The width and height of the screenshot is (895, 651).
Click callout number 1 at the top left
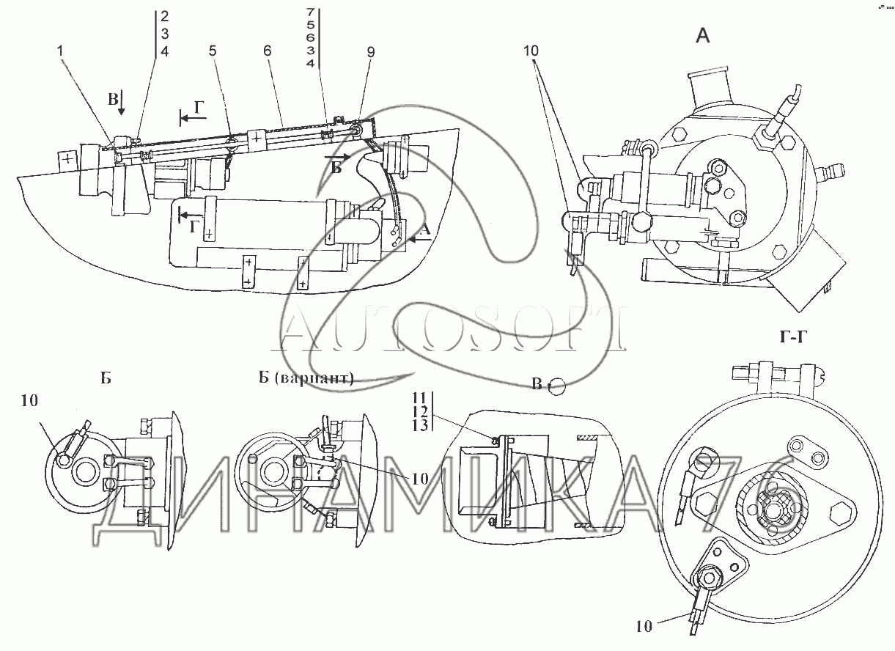click(60, 51)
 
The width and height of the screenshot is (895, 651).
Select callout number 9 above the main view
click(371, 52)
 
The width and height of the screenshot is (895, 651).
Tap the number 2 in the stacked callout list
click(165, 16)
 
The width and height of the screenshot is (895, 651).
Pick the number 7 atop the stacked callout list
click(311, 12)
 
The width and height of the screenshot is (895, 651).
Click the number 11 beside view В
click(419, 397)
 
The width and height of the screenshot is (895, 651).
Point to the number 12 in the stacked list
click(420, 411)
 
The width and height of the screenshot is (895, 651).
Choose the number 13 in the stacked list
click(420, 424)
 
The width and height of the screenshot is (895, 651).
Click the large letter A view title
click(703, 36)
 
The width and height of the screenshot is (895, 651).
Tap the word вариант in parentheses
click(315, 378)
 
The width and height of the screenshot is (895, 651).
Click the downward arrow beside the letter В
click(122, 103)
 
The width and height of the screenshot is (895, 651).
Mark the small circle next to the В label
click(556, 386)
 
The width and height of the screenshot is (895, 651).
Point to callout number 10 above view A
click(531, 51)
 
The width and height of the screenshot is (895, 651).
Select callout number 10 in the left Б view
click(29, 400)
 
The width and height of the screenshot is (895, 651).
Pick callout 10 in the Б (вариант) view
click(420, 479)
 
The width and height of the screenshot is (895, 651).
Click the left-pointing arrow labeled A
click(420, 240)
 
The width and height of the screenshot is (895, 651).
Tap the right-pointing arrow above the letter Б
click(338, 157)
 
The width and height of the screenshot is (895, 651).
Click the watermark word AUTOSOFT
click(449, 328)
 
